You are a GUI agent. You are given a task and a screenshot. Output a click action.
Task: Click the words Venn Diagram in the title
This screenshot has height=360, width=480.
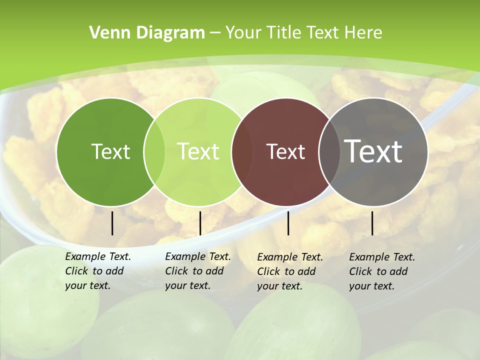point(147,33)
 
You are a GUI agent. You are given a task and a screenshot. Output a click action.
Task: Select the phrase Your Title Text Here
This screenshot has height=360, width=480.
point(304,33)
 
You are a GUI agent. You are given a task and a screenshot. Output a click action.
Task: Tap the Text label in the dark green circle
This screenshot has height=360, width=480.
point(110,151)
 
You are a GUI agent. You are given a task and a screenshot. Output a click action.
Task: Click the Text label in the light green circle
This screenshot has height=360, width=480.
point(198,151)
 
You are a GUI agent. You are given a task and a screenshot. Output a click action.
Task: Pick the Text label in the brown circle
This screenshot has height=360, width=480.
point(286,151)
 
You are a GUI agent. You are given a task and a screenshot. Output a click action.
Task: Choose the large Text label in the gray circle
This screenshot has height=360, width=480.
point(373,151)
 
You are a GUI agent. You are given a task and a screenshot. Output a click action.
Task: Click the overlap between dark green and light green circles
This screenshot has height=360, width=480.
point(154,152)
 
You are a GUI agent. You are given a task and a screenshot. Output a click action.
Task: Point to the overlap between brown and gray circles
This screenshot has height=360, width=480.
point(329,152)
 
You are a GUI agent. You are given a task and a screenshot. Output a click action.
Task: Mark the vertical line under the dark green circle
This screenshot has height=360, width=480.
point(112,223)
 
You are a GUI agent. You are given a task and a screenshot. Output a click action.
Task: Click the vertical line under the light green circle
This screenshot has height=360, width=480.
point(200,223)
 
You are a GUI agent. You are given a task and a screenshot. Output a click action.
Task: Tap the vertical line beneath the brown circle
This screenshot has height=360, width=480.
point(288,223)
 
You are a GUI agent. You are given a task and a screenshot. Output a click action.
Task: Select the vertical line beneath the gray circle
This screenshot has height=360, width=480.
point(372,223)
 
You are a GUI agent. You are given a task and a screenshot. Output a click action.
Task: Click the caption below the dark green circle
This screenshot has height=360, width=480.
point(98,271)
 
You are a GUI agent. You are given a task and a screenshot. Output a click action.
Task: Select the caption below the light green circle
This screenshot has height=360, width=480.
point(198,271)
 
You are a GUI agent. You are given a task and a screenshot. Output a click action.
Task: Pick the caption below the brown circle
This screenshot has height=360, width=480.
point(290,271)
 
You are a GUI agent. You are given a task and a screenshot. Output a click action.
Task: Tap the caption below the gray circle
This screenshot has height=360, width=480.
point(382,271)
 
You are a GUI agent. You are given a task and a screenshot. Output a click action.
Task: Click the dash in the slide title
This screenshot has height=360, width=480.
point(215,33)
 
